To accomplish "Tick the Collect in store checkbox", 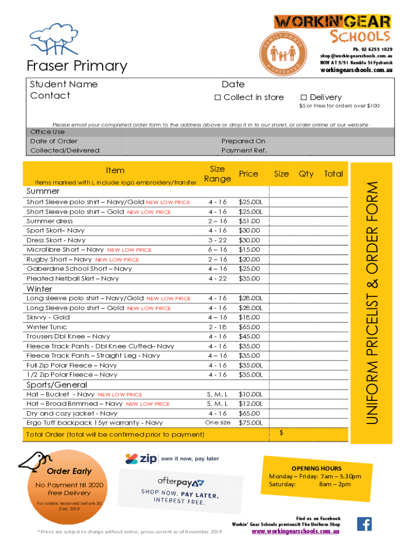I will pos(218,97).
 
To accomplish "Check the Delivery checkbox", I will pos(304,97).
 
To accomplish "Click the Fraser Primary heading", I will pos(77,66).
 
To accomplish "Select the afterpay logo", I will pos(181,481).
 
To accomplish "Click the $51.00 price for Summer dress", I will pos(249,221).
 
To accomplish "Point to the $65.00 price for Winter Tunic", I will pos(249,327).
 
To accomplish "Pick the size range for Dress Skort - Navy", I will pos(218,240).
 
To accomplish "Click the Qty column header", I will pos(306,174).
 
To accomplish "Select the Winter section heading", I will pos(40,289).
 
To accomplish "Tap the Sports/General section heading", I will pos(56,385).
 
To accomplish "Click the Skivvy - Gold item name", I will pos(48,317).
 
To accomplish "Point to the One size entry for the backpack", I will pos(218,422).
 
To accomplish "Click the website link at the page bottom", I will pos(296,531).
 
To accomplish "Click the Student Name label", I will pos(63,84).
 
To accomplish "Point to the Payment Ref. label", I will pos(244,151).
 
